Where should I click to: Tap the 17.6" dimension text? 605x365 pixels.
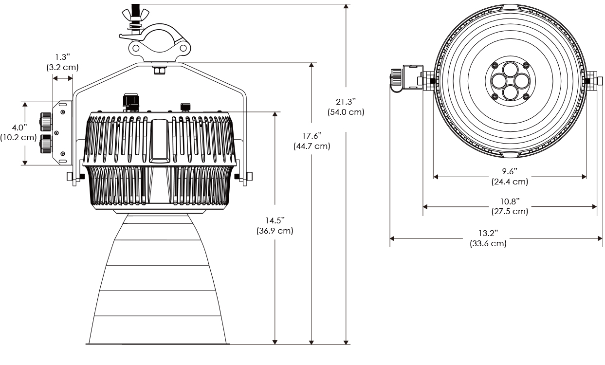(312, 136)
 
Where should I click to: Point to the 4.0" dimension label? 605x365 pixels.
(19, 127)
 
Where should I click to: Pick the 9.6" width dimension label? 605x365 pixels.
(509, 171)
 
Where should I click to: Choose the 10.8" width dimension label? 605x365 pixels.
(509, 201)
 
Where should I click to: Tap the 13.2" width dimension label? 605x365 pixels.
(488, 234)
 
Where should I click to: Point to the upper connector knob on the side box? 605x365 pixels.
(45, 120)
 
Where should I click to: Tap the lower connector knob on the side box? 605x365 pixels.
(45, 144)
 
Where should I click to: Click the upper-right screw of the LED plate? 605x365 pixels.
(525, 65)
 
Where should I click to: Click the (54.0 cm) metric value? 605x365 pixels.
(346, 111)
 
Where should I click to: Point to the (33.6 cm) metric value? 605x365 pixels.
(488, 243)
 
